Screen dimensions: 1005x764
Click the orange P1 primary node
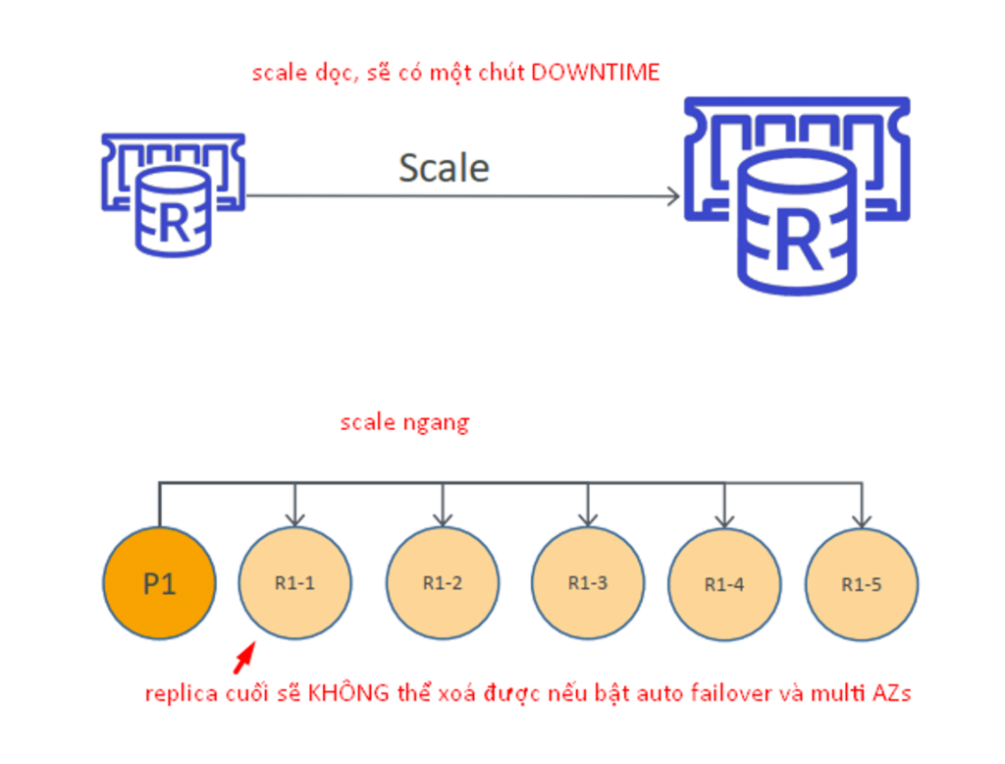[x=160, y=582]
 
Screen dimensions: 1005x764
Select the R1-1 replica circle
[x=294, y=582]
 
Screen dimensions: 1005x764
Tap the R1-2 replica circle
[x=443, y=582]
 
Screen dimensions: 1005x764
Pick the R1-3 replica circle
[x=588, y=582]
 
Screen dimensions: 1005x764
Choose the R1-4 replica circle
[x=724, y=583]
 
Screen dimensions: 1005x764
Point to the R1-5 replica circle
[x=862, y=583]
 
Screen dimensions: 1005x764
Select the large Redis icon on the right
[x=797, y=195]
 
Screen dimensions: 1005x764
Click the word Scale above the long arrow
[x=444, y=168]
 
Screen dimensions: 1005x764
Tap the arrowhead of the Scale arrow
[x=673, y=196]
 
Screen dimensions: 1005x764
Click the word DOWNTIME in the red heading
[x=596, y=72]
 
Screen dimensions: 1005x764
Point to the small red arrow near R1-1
[x=244, y=658]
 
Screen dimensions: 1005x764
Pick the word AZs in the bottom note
[x=892, y=693]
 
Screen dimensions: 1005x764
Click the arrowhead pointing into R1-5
[x=862, y=520]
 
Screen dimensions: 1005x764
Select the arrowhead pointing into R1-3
[x=588, y=518]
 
